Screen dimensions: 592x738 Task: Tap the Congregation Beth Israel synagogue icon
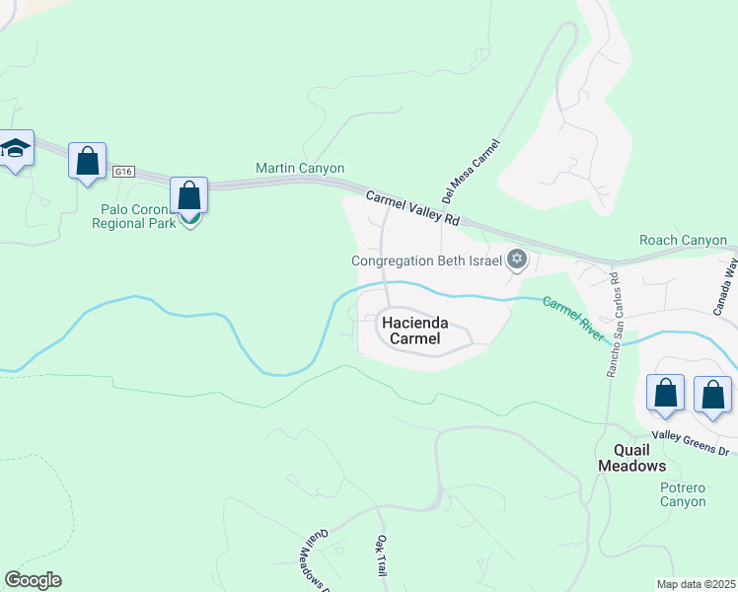(x=515, y=260)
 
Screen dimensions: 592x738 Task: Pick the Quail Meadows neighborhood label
(x=632, y=457)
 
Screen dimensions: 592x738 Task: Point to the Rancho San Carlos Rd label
(x=613, y=324)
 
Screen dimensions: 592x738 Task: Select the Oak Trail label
(x=381, y=555)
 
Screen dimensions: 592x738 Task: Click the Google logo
(x=33, y=580)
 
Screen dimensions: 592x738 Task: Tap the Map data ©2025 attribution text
(x=696, y=584)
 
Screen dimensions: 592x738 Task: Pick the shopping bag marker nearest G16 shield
(x=88, y=160)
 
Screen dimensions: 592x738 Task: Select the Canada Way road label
(x=725, y=287)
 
